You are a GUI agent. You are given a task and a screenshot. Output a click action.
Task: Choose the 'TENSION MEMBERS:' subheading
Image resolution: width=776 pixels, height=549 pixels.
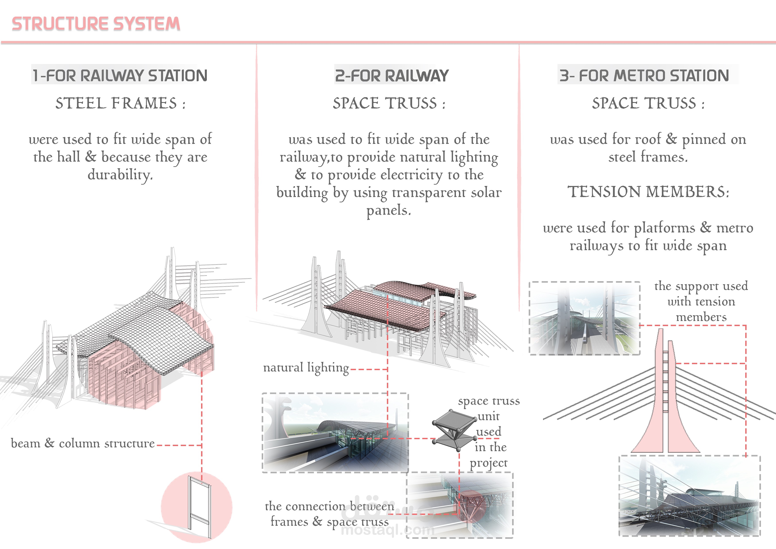coord(648,192)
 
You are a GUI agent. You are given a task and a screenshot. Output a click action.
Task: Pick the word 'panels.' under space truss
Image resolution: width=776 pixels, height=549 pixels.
coord(389,210)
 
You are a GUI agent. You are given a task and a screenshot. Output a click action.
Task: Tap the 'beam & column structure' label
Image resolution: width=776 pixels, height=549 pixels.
coord(83,443)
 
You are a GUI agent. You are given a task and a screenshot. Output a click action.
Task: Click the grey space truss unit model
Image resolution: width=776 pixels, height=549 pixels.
coord(452,430)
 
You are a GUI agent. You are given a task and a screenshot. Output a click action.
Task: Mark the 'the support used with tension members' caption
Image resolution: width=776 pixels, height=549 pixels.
coord(701,301)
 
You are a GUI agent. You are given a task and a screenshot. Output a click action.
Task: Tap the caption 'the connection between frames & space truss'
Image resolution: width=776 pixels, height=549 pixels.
coord(330,514)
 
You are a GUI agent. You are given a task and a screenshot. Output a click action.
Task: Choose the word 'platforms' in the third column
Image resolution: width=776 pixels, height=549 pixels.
coord(664,228)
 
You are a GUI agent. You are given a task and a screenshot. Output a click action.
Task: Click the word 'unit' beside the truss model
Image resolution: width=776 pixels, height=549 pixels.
coord(488,416)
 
